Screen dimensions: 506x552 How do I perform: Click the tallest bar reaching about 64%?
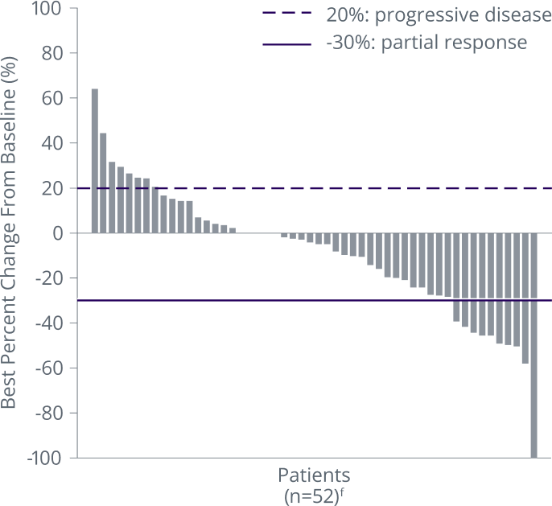94,161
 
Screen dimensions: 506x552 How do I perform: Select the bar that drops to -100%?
533,346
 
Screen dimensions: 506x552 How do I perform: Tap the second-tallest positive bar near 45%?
103,183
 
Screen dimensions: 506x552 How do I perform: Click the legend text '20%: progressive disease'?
438,15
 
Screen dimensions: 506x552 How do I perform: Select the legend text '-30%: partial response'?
426,43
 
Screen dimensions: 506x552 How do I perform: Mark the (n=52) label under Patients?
315,494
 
